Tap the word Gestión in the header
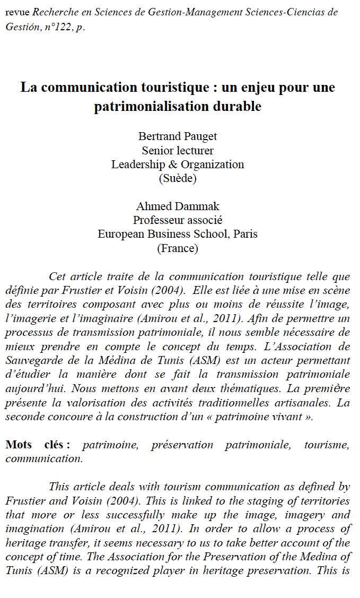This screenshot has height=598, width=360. pos(22,27)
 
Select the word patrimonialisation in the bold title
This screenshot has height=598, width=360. pos(154,106)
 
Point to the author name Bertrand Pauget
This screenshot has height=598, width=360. pos(178,137)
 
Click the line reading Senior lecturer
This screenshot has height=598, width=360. pos(178,151)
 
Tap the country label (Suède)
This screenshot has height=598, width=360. pos(178,178)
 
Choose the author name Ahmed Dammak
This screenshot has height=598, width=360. pos(178,206)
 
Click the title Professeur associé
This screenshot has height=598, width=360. pos(178,220)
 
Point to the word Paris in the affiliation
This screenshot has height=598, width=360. pos(244,233)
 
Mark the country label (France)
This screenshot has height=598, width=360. pos(178,247)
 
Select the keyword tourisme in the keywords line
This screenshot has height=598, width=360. pos(327,445)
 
